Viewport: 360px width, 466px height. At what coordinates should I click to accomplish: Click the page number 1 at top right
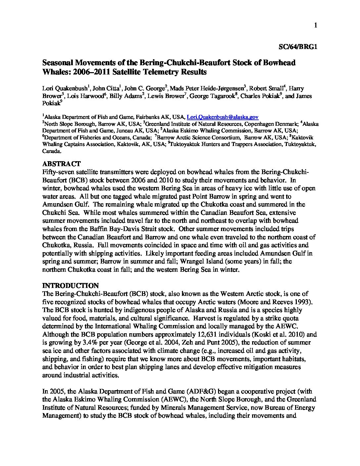tap(316, 25)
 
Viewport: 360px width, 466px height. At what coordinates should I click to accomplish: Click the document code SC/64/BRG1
tap(297, 47)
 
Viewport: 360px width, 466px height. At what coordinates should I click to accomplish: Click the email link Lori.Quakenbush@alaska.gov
tap(223, 117)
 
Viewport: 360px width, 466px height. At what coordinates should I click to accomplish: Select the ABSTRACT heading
tap(61, 164)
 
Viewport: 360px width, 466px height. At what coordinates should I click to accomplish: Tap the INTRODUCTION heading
tap(70, 286)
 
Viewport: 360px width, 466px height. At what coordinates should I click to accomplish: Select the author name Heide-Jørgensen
tap(219, 88)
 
